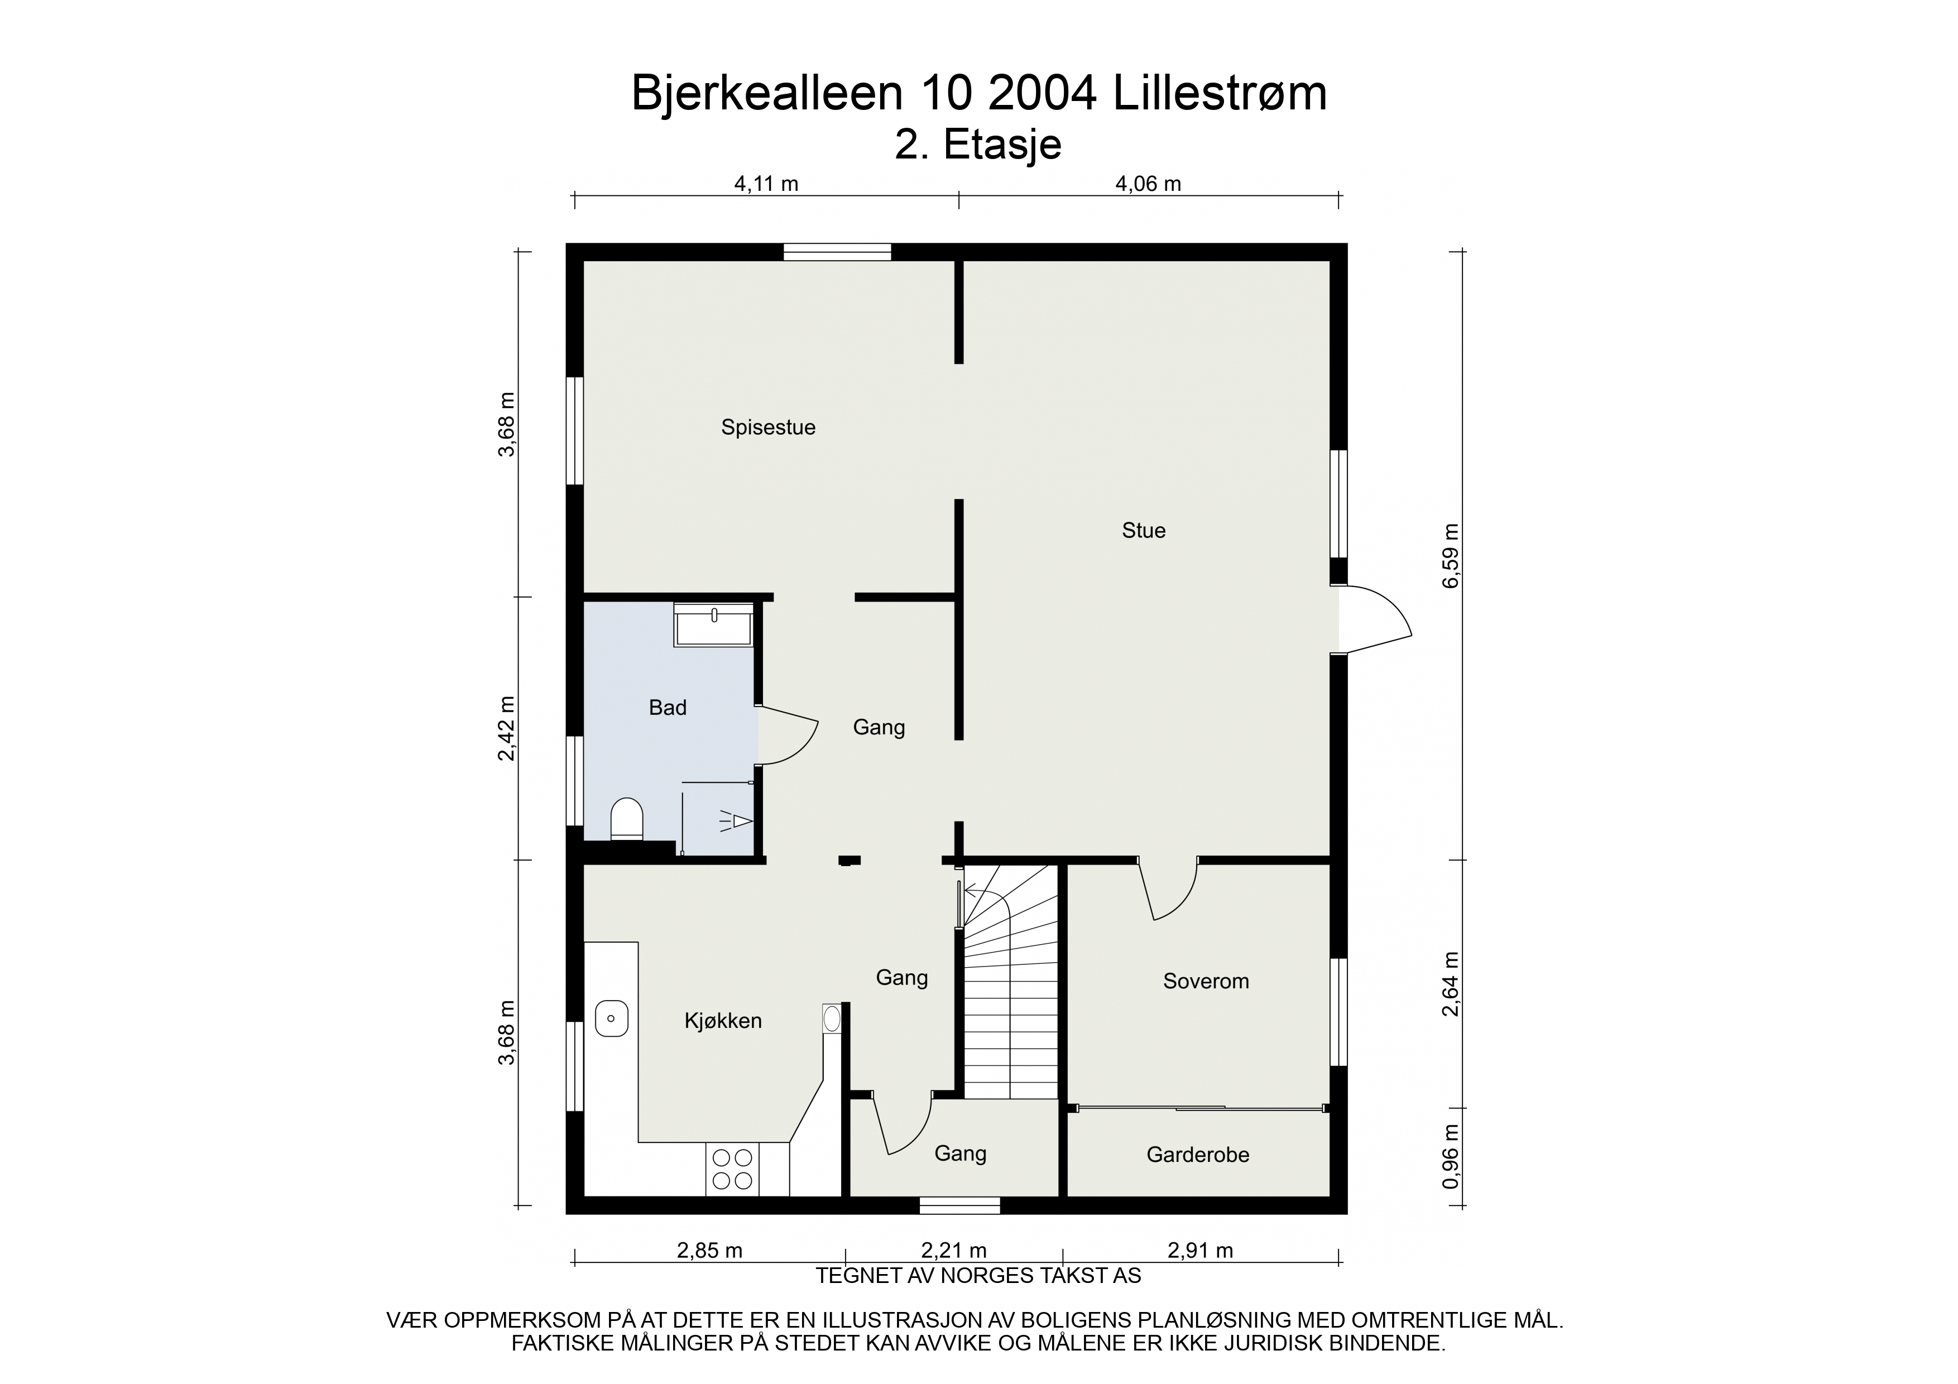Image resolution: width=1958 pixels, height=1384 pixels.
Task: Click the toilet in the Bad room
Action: click(x=627, y=819)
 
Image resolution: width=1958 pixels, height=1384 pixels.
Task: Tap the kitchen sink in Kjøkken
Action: click(x=611, y=1018)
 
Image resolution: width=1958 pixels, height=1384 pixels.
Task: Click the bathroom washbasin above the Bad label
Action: click(x=713, y=625)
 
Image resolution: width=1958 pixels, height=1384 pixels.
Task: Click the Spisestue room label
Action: click(x=769, y=427)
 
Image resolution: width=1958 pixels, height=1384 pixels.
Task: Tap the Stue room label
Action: click(x=1144, y=530)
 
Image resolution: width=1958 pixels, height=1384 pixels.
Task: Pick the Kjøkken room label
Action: click(x=723, y=1021)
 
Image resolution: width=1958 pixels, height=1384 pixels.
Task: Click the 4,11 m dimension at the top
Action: click(x=766, y=184)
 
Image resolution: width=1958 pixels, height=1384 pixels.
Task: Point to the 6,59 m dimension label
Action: click(x=1451, y=556)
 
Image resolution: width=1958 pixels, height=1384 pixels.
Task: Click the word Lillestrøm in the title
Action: click(x=1220, y=94)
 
